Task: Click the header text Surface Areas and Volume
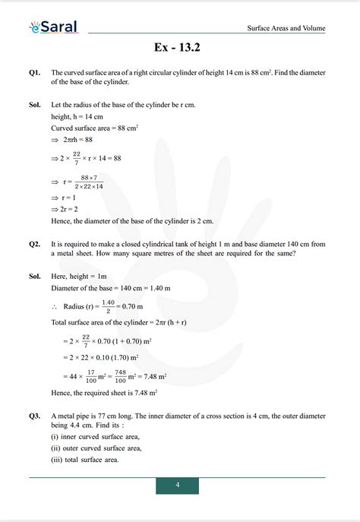point(286,29)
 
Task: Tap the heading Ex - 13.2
point(179,48)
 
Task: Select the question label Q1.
point(34,72)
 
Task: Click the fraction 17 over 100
point(93,375)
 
